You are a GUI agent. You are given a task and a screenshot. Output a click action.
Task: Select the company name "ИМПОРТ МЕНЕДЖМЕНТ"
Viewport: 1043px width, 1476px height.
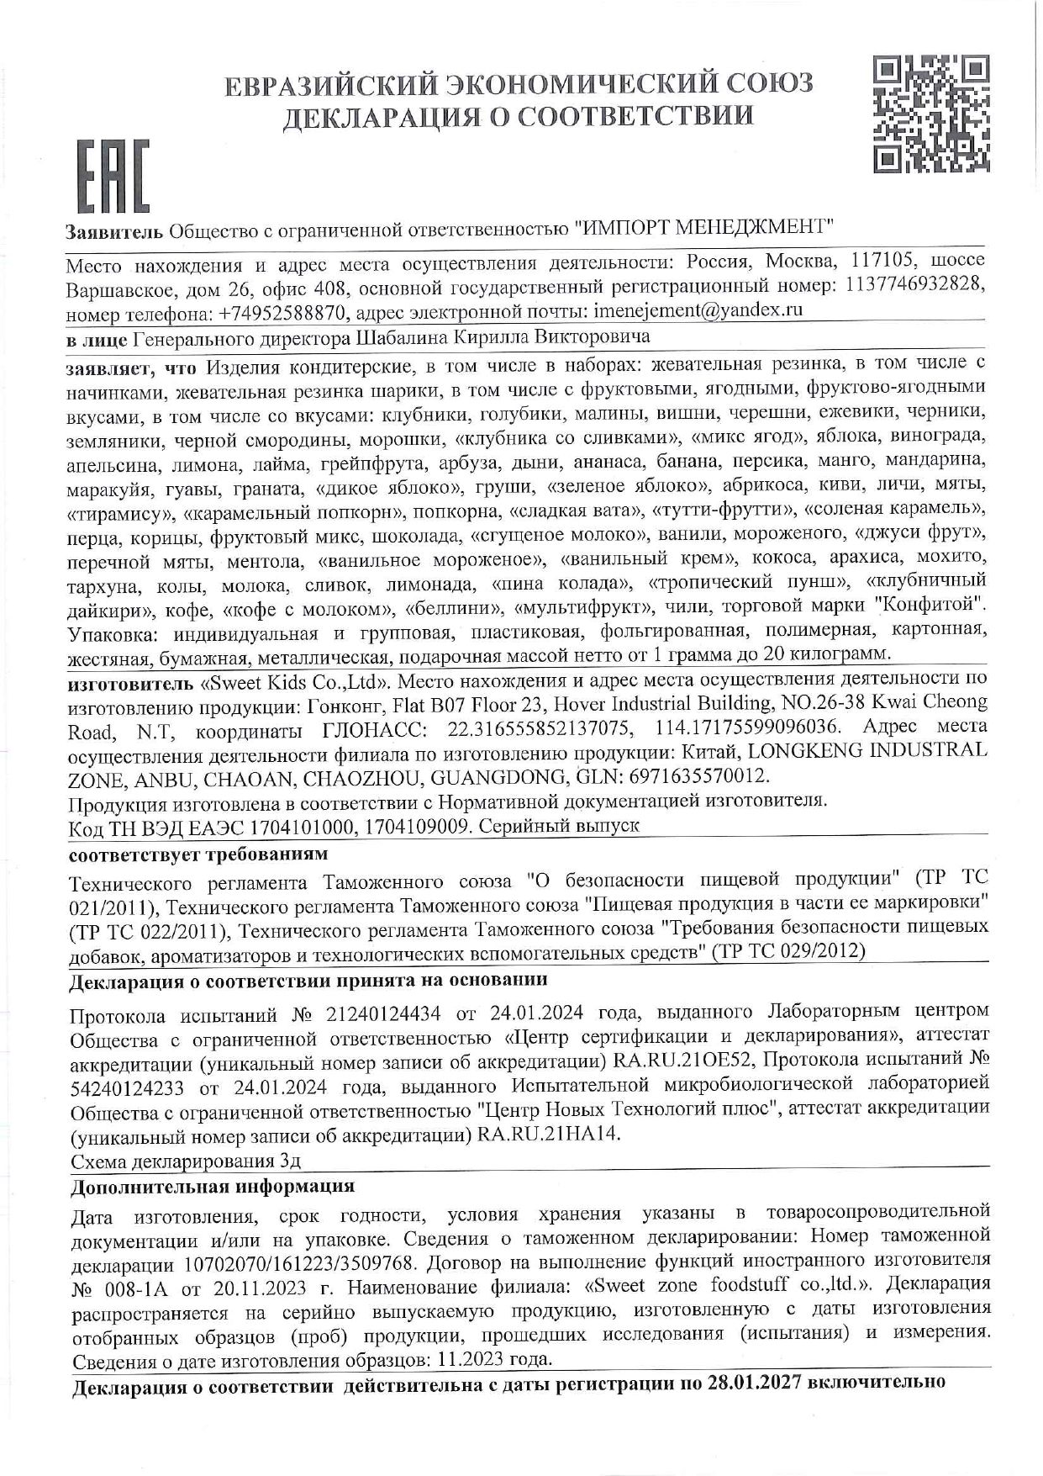[x=703, y=227]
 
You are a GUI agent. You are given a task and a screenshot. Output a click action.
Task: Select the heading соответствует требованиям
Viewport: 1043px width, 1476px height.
[x=197, y=854]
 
